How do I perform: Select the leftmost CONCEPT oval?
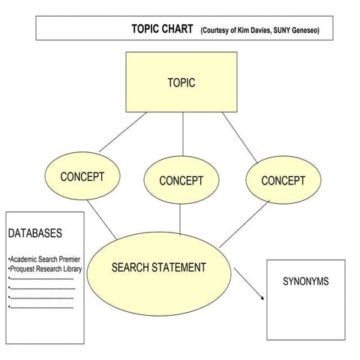point(82,178)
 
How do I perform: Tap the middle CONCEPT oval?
point(181,181)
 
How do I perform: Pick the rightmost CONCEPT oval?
point(283,181)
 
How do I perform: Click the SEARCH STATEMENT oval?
point(158,268)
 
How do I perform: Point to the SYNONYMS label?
point(305,282)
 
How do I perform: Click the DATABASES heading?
point(35,234)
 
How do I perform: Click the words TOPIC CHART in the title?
point(162,28)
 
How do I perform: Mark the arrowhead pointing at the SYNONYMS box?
point(262,298)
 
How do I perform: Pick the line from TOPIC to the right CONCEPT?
point(240,137)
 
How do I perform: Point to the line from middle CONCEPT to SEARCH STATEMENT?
point(180,220)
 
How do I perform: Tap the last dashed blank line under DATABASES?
point(42,307)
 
